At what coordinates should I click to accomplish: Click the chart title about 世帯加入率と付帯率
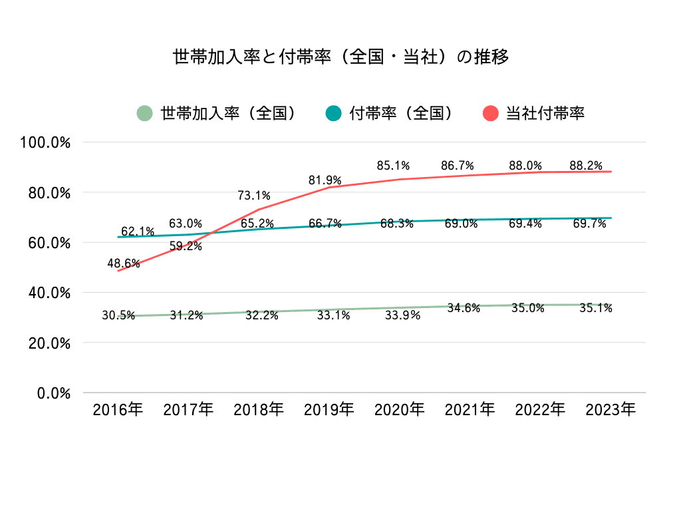(x=340, y=57)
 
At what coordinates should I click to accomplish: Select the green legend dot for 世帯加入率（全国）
(x=144, y=113)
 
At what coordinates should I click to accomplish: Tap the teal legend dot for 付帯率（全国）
(x=333, y=113)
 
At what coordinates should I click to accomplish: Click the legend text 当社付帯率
(x=545, y=113)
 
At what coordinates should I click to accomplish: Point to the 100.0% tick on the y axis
(x=47, y=142)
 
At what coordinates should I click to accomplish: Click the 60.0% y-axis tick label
(x=49, y=243)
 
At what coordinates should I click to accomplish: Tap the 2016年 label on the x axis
(x=118, y=409)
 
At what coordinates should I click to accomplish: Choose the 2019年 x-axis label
(x=329, y=409)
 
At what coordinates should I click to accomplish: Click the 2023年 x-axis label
(x=611, y=409)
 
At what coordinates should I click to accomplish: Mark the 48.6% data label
(x=124, y=263)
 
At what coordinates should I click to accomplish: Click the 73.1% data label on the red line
(x=254, y=195)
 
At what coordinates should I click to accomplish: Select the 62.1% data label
(x=138, y=232)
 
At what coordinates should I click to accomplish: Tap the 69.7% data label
(x=589, y=224)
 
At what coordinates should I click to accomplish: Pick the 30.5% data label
(x=118, y=315)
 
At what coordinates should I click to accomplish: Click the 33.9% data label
(x=403, y=315)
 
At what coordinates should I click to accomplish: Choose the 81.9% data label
(x=325, y=180)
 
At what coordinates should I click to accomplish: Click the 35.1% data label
(x=595, y=308)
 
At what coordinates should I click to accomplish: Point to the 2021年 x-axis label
(x=470, y=409)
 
